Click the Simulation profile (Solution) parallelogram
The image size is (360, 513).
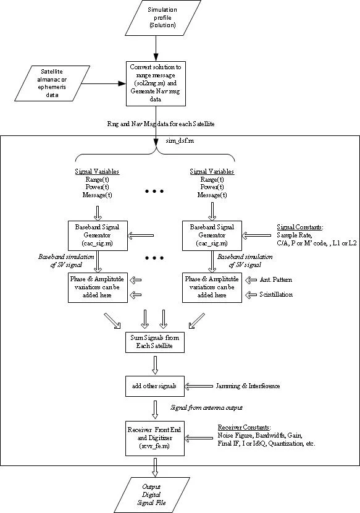coord(162,18)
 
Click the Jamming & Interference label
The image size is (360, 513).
coord(249,386)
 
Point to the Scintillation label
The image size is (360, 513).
coord(276,295)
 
